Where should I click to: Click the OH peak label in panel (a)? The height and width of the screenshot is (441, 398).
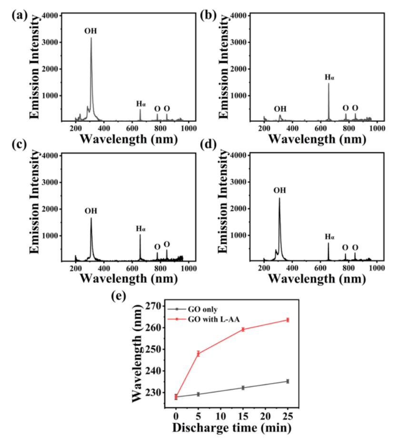(x=90, y=31)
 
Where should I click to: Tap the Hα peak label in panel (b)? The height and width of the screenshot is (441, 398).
(x=329, y=77)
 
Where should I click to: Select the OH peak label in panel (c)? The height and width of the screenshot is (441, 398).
(x=90, y=211)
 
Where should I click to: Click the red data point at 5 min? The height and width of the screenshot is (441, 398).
(x=199, y=353)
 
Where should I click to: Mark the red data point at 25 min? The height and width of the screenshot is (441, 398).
(x=288, y=320)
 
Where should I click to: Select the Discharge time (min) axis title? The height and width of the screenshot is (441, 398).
(x=231, y=428)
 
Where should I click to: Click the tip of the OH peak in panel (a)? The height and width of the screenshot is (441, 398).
(x=91, y=38)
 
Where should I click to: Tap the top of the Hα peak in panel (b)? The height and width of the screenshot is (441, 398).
(x=328, y=83)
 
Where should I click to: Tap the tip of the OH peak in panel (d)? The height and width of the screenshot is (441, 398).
(x=279, y=198)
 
